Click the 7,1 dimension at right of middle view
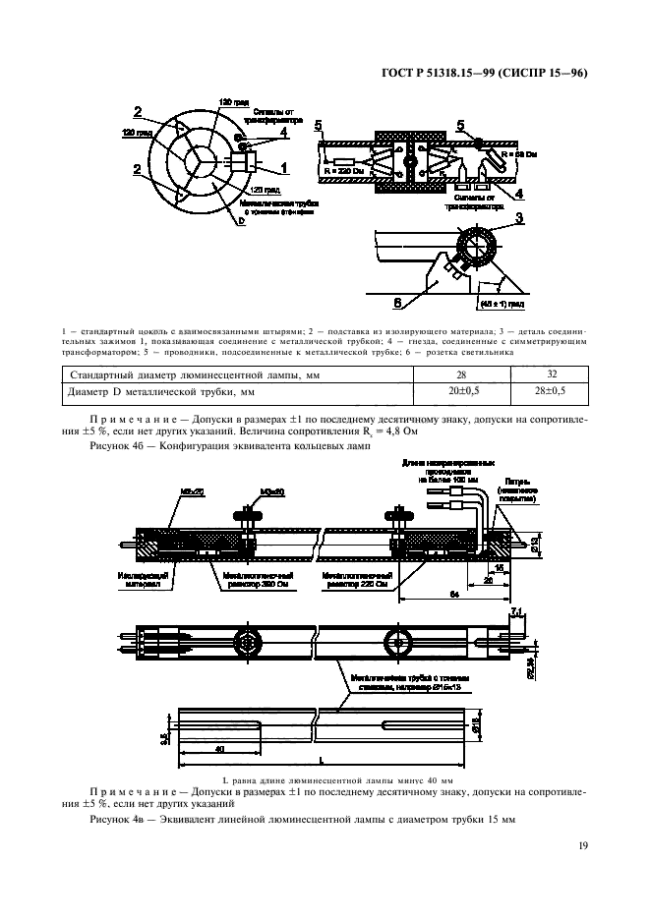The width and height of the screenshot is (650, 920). pos(517,613)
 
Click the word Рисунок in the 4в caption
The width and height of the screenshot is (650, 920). pos(109,819)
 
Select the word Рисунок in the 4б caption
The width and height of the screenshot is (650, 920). pos(109,445)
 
